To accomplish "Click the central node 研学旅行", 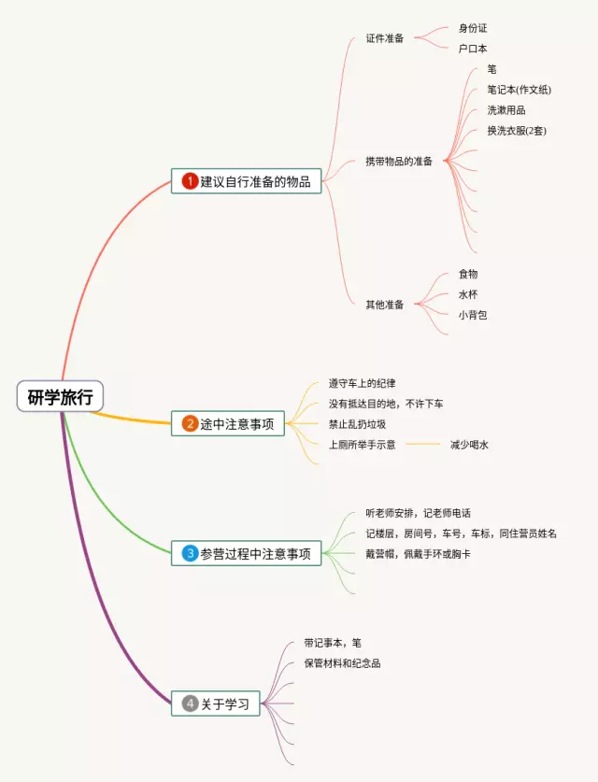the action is coord(60,397).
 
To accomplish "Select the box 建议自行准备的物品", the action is coord(247,181).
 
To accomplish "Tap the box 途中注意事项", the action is coord(228,423).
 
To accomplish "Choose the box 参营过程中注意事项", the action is coord(247,552).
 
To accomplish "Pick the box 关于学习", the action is coord(215,704).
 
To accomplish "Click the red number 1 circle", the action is coord(190,181).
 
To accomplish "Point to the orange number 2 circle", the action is coord(190,423).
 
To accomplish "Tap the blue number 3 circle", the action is coord(190,552).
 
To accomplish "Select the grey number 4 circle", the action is coord(190,704).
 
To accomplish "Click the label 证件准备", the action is coord(385,38).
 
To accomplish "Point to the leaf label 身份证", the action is coord(473,29).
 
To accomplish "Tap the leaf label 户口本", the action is coord(473,48).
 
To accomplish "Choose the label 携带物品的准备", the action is coord(399,161).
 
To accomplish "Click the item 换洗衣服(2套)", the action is coord(517,130).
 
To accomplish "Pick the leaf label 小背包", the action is coord(473,315).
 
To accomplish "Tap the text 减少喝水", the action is coord(469,445).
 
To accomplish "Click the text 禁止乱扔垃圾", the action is coord(357,424).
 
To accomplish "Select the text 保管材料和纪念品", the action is coord(342,663).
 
